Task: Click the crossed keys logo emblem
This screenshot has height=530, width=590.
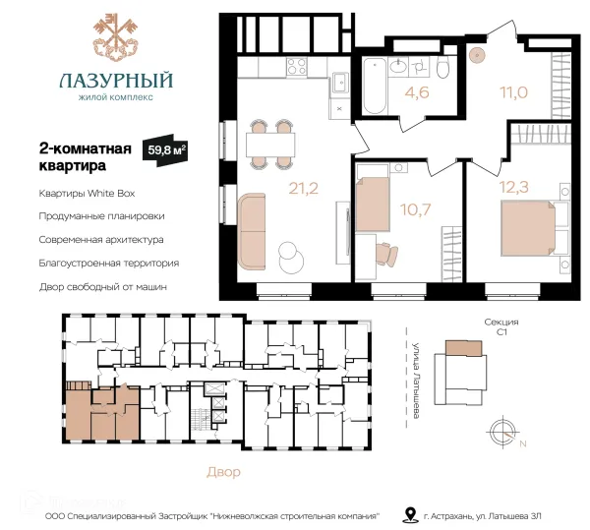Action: tap(115, 36)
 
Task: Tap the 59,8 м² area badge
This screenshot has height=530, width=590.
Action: tap(165, 149)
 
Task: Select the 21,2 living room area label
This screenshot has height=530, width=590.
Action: tap(303, 188)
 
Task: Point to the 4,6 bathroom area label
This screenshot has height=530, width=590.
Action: tap(417, 92)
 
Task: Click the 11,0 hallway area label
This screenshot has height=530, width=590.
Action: tap(513, 91)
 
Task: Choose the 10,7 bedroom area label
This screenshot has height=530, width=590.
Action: tap(415, 209)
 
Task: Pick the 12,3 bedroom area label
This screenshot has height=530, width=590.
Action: tap(513, 187)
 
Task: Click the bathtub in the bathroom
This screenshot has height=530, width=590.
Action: tap(375, 86)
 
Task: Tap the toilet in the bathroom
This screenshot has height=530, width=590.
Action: tap(443, 68)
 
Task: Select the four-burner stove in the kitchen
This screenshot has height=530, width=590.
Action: tap(296, 67)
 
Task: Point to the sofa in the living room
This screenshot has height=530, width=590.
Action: tap(252, 232)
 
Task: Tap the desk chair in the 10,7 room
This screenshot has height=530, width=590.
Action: tap(386, 254)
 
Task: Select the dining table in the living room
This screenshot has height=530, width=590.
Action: tap(270, 145)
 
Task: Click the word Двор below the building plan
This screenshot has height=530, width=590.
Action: tap(223, 472)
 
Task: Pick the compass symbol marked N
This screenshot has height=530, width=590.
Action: tap(502, 433)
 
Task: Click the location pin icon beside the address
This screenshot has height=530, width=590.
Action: tap(410, 514)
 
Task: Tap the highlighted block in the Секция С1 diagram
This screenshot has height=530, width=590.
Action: tap(463, 348)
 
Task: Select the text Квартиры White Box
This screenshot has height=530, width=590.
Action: tap(87, 194)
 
